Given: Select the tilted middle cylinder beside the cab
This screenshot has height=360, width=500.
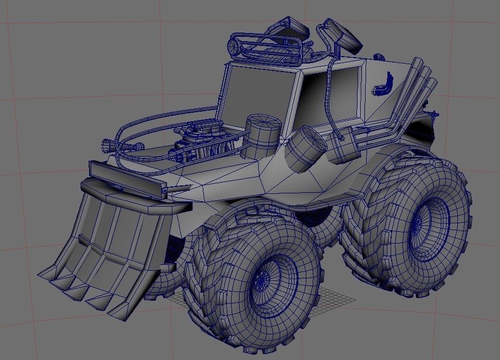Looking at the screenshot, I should click(306, 148).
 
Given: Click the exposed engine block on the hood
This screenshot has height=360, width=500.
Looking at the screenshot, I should click(205, 143).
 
